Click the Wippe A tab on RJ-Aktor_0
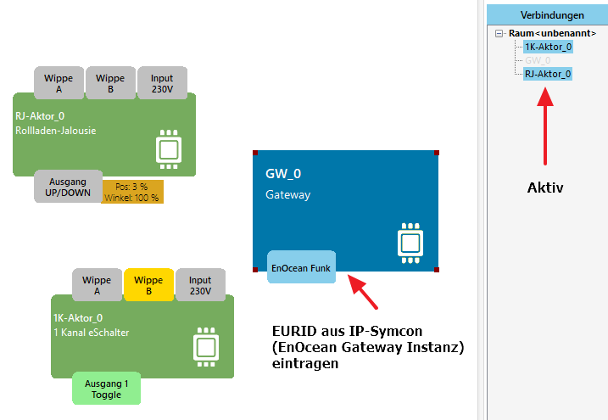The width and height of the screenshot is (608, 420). tap(59, 83)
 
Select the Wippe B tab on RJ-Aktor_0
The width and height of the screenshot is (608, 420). tap(109, 83)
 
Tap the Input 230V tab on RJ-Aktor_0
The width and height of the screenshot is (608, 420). tap(161, 83)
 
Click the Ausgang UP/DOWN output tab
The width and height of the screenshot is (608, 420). tap(67, 187)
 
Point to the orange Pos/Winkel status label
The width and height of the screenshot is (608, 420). tap(132, 192)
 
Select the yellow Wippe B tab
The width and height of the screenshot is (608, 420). tap(148, 285)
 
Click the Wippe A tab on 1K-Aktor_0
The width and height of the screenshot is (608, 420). tap(97, 285)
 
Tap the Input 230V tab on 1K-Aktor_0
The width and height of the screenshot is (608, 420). tap(200, 285)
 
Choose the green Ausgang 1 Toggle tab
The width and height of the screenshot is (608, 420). tap(106, 389)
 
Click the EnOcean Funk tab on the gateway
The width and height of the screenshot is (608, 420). tap(301, 267)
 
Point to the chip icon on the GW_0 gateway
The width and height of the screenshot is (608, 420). tap(410, 241)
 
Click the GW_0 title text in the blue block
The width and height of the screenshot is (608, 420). tap(283, 174)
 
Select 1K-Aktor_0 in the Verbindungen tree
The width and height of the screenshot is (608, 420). tap(548, 47)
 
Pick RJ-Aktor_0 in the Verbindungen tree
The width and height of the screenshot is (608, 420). tap(548, 74)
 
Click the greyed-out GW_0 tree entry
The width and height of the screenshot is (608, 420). tap(538, 60)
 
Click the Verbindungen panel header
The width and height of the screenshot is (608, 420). tap(551, 15)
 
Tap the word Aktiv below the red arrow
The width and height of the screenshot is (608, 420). tap(544, 188)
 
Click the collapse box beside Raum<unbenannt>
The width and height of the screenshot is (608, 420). tap(499, 33)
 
